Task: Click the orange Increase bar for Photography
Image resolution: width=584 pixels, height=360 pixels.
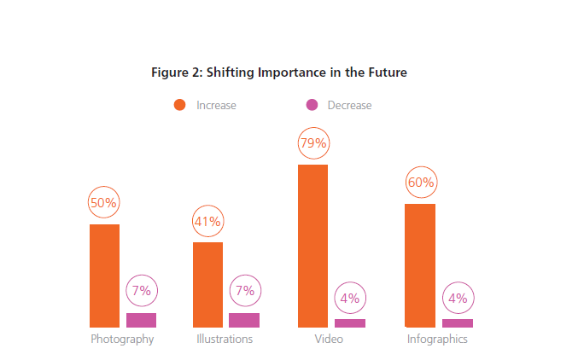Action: (104, 276)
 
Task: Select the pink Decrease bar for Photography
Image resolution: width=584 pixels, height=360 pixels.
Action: (141, 320)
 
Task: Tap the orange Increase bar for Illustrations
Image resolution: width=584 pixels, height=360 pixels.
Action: (207, 284)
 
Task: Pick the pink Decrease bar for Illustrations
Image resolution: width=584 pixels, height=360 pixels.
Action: (244, 320)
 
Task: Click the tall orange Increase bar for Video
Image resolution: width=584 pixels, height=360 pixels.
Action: (312, 246)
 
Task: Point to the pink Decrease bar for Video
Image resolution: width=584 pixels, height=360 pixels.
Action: (350, 322)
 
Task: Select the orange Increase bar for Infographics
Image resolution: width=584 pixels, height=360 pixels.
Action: (420, 265)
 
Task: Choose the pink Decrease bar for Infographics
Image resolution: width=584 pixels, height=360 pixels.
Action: (458, 322)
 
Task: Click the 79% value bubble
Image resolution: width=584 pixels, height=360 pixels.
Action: (313, 142)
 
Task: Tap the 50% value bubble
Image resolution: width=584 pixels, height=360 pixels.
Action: (104, 203)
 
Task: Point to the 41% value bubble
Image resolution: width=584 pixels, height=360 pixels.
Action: (207, 222)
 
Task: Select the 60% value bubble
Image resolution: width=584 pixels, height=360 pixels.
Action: (420, 183)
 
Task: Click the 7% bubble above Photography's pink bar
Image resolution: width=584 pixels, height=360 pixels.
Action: (142, 291)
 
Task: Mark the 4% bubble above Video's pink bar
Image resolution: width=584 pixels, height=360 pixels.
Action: (350, 298)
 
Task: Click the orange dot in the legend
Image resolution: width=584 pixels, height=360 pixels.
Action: (179, 105)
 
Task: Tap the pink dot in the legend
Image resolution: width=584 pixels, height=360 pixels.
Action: (312, 105)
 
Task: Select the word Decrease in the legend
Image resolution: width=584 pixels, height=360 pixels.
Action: (349, 106)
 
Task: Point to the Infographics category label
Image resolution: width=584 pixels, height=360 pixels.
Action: (436, 339)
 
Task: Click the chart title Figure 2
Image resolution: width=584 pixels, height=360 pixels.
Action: (279, 73)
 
